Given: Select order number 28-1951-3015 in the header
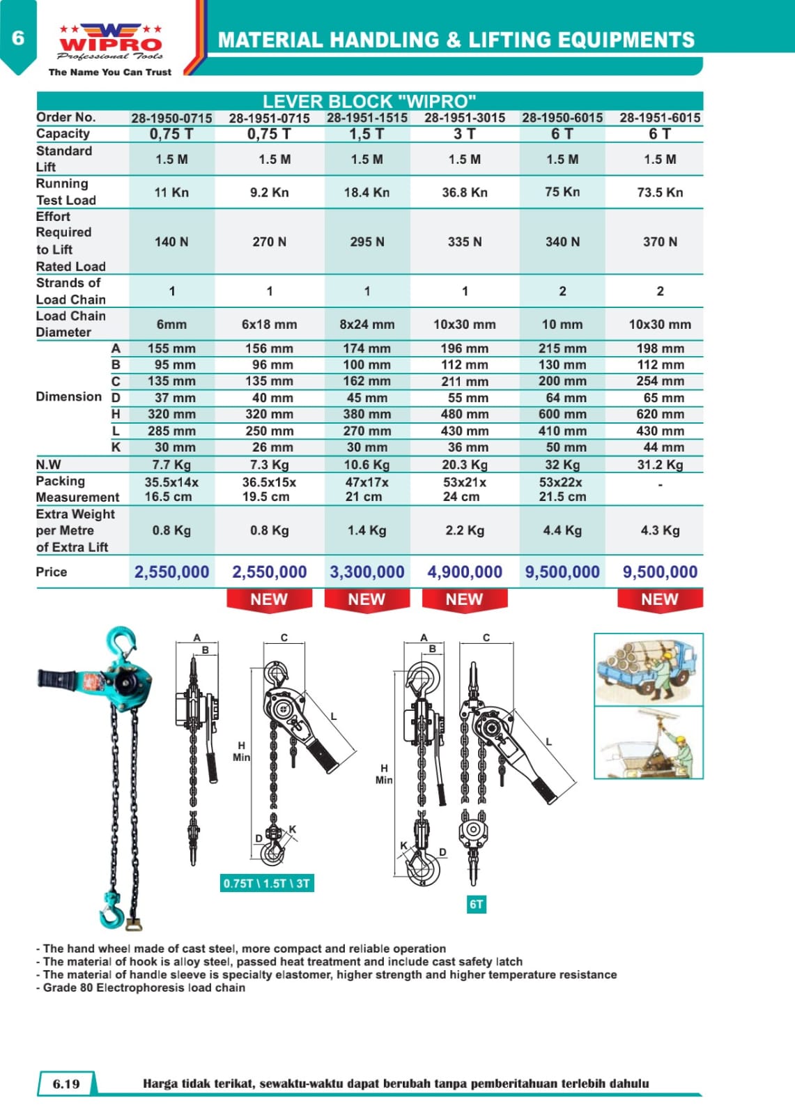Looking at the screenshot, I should point(465,118).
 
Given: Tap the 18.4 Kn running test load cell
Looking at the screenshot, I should point(366,192).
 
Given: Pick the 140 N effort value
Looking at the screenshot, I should point(171,242).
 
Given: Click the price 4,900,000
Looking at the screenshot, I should point(465,572).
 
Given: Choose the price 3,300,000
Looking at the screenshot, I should point(366,572).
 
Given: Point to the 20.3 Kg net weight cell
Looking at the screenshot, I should point(465,465).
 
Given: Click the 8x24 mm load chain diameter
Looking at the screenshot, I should point(366,325).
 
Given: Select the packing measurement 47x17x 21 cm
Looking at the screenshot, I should point(366,489).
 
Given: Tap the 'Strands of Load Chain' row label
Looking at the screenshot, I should point(70,291).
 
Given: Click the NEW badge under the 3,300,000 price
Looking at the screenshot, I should point(366,599).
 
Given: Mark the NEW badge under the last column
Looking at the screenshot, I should point(659,599).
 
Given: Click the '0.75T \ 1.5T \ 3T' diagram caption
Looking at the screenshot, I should point(267,884).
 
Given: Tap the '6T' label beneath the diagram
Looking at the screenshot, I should point(476,905).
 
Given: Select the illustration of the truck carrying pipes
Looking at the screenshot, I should point(648,669).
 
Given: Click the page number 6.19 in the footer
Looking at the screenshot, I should point(66,1084).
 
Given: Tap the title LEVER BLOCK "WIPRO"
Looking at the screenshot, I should point(369,100).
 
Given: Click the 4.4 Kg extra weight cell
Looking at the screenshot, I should point(562,530).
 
